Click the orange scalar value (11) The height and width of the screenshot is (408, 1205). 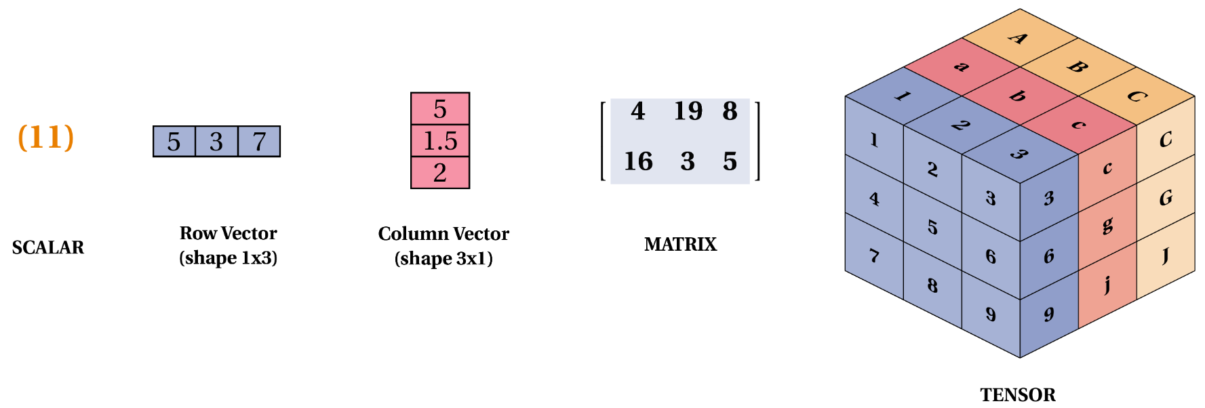(x=45, y=137)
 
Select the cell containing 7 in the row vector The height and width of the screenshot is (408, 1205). (x=259, y=142)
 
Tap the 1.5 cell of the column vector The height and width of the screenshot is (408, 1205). (x=440, y=141)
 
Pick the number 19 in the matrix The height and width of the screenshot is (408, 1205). (x=688, y=111)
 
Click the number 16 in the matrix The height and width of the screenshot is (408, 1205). (x=638, y=161)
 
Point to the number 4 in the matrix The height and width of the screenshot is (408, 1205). (x=637, y=111)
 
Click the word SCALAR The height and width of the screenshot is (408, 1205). (x=48, y=247)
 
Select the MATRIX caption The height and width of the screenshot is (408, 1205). (x=680, y=244)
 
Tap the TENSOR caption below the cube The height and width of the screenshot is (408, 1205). (x=1017, y=394)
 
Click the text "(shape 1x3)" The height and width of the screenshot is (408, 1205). (x=229, y=258)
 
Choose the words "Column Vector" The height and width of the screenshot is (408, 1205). (x=443, y=234)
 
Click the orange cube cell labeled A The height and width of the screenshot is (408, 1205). (x=1019, y=38)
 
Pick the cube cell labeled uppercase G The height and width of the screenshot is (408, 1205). (x=1166, y=198)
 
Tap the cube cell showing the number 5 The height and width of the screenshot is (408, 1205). (x=932, y=227)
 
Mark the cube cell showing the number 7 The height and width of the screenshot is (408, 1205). (x=874, y=256)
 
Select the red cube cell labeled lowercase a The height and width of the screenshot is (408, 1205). (x=961, y=66)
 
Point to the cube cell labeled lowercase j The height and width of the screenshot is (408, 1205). (x=1107, y=284)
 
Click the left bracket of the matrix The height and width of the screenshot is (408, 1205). (x=603, y=141)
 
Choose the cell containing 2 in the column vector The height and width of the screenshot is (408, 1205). (x=440, y=173)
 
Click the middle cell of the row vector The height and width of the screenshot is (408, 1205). (x=216, y=142)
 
